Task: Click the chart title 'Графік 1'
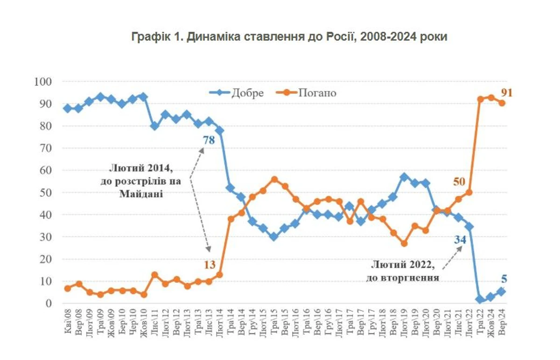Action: [x=289, y=37]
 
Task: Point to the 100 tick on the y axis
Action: [x=43, y=82]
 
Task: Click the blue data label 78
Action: [x=208, y=140]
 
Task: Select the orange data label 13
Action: [x=210, y=265]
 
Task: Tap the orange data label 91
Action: [x=507, y=92]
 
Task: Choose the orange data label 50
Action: [x=459, y=181]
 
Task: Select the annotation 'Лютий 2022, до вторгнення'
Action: [x=404, y=271]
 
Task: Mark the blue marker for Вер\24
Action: [x=502, y=291]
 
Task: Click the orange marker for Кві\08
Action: [x=68, y=288]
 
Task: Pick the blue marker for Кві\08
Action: [x=68, y=108]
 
